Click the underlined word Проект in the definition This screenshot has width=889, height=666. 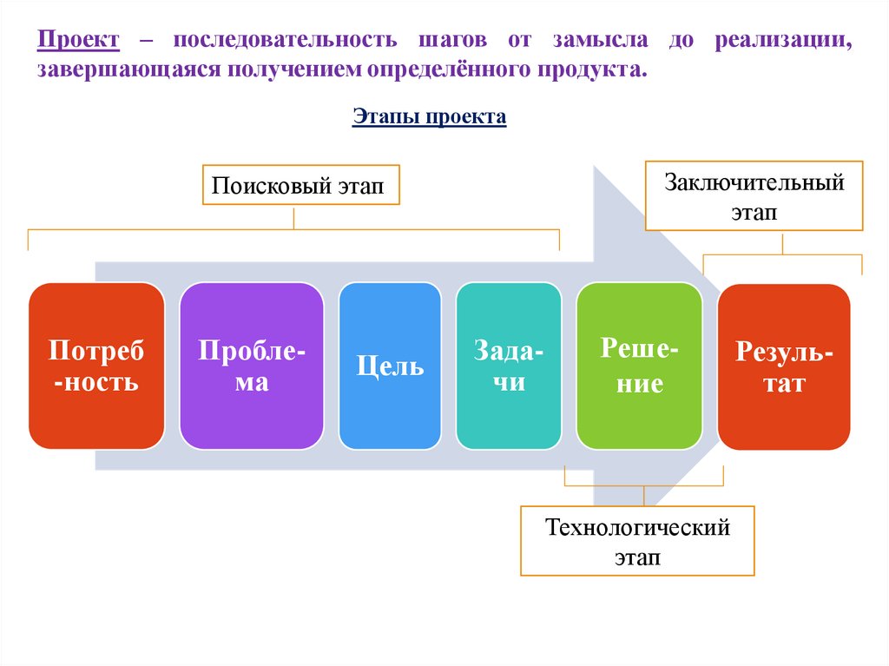[x=78, y=41]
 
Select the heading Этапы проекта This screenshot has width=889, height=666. [x=429, y=117]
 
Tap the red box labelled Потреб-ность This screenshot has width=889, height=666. [x=95, y=365]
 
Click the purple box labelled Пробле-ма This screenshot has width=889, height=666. [x=252, y=365]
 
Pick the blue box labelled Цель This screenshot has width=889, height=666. [x=390, y=365]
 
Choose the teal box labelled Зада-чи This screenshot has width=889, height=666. [x=509, y=365]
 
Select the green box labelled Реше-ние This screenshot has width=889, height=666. [x=639, y=365]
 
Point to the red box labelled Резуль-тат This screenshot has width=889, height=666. [x=784, y=366]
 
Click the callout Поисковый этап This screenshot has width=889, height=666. [x=300, y=185]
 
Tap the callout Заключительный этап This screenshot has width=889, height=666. [x=754, y=195]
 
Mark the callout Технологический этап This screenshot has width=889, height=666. [x=637, y=541]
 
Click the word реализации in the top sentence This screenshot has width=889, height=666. [x=783, y=41]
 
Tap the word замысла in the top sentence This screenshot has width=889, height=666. [x=596, y=41]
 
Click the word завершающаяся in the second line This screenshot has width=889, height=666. [x=128, y=69]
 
